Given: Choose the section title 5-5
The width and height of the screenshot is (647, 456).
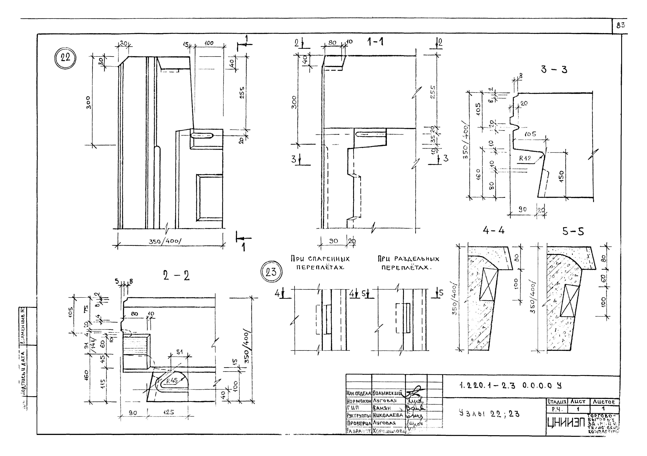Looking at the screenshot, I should point(573,232).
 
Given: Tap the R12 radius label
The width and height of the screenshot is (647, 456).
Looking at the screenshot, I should point(525,158).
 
